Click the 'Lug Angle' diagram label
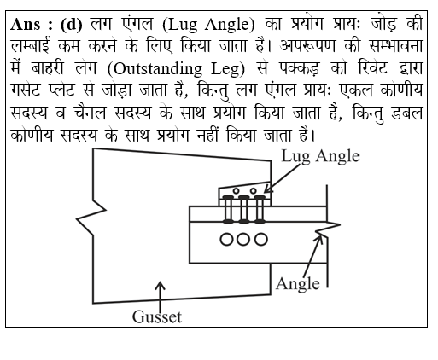[x=320, y=156]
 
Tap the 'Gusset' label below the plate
[x=157, y=316]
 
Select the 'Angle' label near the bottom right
[x=298, y=284]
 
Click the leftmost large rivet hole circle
[x=226, y=239]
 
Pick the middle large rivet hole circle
[x=243, y=239]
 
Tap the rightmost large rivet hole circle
[x=260, y=239]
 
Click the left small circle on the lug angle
[x=236, y=191]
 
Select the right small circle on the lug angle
[x=253, y=191]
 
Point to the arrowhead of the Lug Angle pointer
[x=267, y=189]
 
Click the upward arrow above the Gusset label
[x=161, y=297]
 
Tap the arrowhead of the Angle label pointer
[x=319, y=240]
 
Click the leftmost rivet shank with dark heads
[x=228, y=209]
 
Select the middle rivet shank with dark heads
[x=243, y=209]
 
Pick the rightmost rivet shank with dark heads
[x=260, y=209]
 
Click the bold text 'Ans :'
[x=32, y=25]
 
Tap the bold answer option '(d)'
[x=71, y=25]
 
